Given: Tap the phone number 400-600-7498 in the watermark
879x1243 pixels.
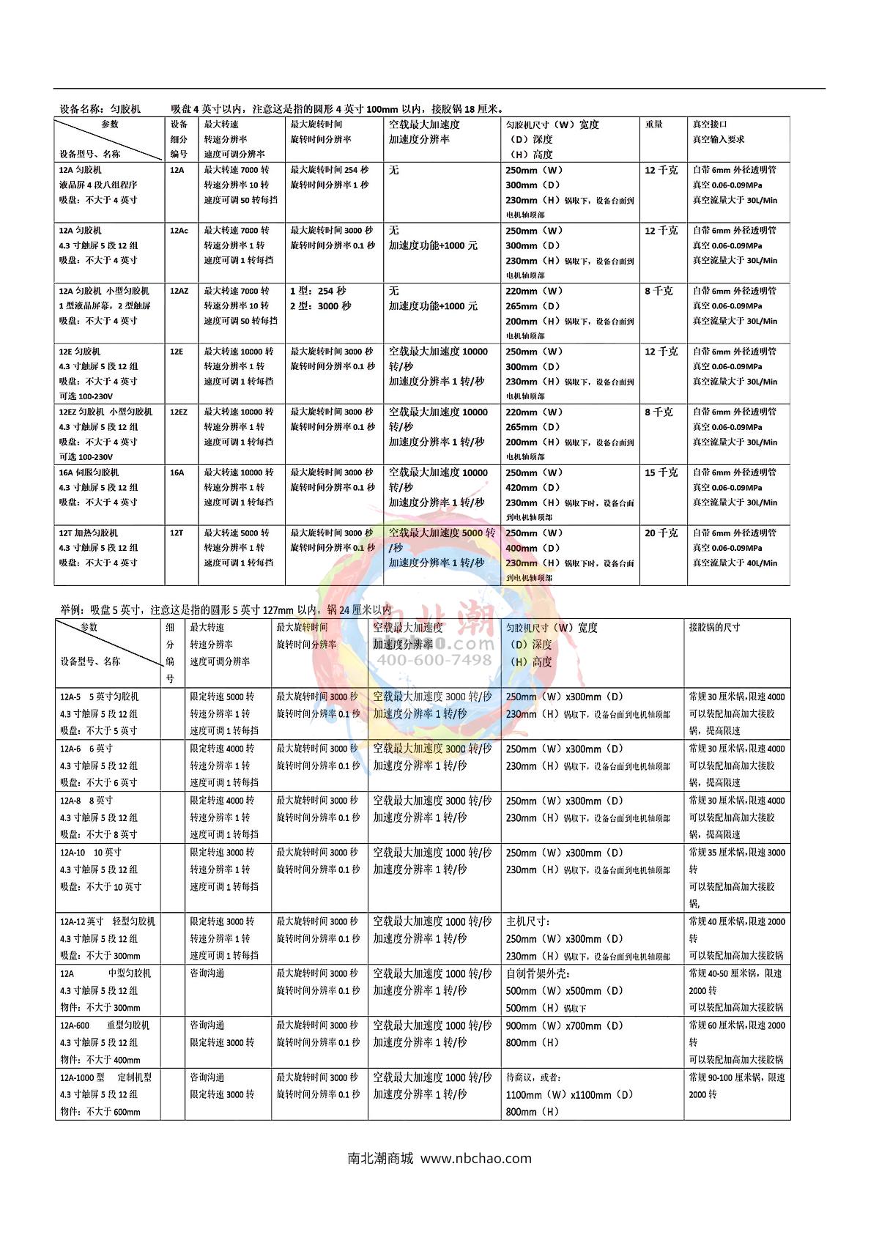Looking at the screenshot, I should pyautogui.click(x=434, y=660).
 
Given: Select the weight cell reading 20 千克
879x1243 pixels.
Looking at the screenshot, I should pyautogui.click(x=661, y=533).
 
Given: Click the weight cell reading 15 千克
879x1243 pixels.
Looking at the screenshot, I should pyautogui.click(x=661, y=472).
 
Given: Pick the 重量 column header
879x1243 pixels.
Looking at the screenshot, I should pyautogui.click(x=653, y=125).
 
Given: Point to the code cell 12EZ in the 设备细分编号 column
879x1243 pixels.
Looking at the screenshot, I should pyautogui.click(x=179, y=412).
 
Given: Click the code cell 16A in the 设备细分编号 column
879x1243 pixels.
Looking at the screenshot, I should pyautogui.click(x=177, y=472).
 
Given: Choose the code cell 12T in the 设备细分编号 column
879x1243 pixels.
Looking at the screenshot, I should pyautogui.click(x=177, y=533).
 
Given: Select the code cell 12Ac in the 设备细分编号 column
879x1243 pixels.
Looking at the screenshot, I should pyautogui.click(x=179, y=231).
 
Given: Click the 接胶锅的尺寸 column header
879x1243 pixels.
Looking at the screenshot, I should pyautogui.click(x=714, y=628).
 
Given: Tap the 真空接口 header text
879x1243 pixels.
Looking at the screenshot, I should pyautogui.click(x=710, y=125).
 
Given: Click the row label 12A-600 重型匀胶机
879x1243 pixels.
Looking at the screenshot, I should pyautogui.click(x=105, y=1025).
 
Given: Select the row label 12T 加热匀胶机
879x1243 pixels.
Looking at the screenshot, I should pyautogui.click(x=89, y=533).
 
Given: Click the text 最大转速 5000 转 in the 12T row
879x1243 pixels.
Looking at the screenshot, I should pyautogui.click(x=237, y=533).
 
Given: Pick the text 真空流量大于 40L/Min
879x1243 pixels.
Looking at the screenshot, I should pyautogui.click(x=735, y=563).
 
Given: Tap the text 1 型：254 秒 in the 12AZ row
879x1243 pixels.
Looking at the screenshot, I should pyautogui.click(x=318, y=291).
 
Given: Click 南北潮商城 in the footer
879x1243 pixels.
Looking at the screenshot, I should pyautogui.click(x=380, y=1159).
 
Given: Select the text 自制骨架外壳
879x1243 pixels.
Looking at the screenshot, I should pyautogui.click(x=538, y=973).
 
